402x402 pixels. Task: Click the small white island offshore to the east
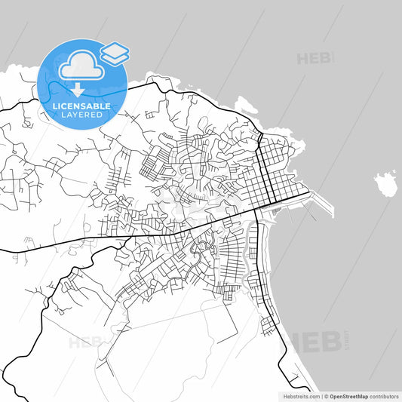[385, 183]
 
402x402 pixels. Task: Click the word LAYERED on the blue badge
[81, 115]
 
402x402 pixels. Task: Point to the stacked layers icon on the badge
[115, 53]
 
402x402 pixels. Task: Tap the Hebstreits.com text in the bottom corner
[298, 395]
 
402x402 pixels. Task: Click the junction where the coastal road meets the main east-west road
[258, 210]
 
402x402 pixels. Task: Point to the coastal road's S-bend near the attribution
[284, 362]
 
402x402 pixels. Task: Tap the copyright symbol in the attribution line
[326, 395]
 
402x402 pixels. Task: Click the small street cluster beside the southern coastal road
[268, 325]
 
